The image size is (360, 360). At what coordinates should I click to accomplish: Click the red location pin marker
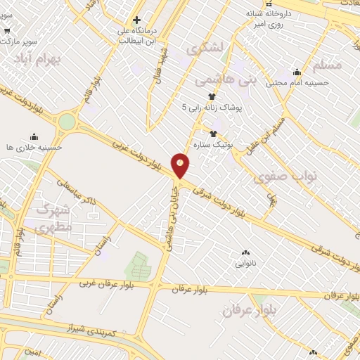181,165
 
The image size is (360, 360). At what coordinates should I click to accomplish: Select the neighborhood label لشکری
205,48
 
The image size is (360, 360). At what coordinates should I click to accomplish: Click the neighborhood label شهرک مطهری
53,218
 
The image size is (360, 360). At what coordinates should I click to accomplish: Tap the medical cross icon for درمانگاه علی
136,20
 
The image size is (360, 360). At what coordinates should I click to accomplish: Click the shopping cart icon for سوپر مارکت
7,30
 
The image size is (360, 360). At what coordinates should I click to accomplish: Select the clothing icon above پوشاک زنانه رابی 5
210,96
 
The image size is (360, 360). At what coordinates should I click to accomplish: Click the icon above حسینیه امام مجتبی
297,72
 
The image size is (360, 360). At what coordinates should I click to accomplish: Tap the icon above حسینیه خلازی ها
33,136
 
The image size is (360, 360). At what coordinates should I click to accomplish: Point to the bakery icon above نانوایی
245,252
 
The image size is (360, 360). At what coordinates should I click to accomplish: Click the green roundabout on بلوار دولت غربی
67,122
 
